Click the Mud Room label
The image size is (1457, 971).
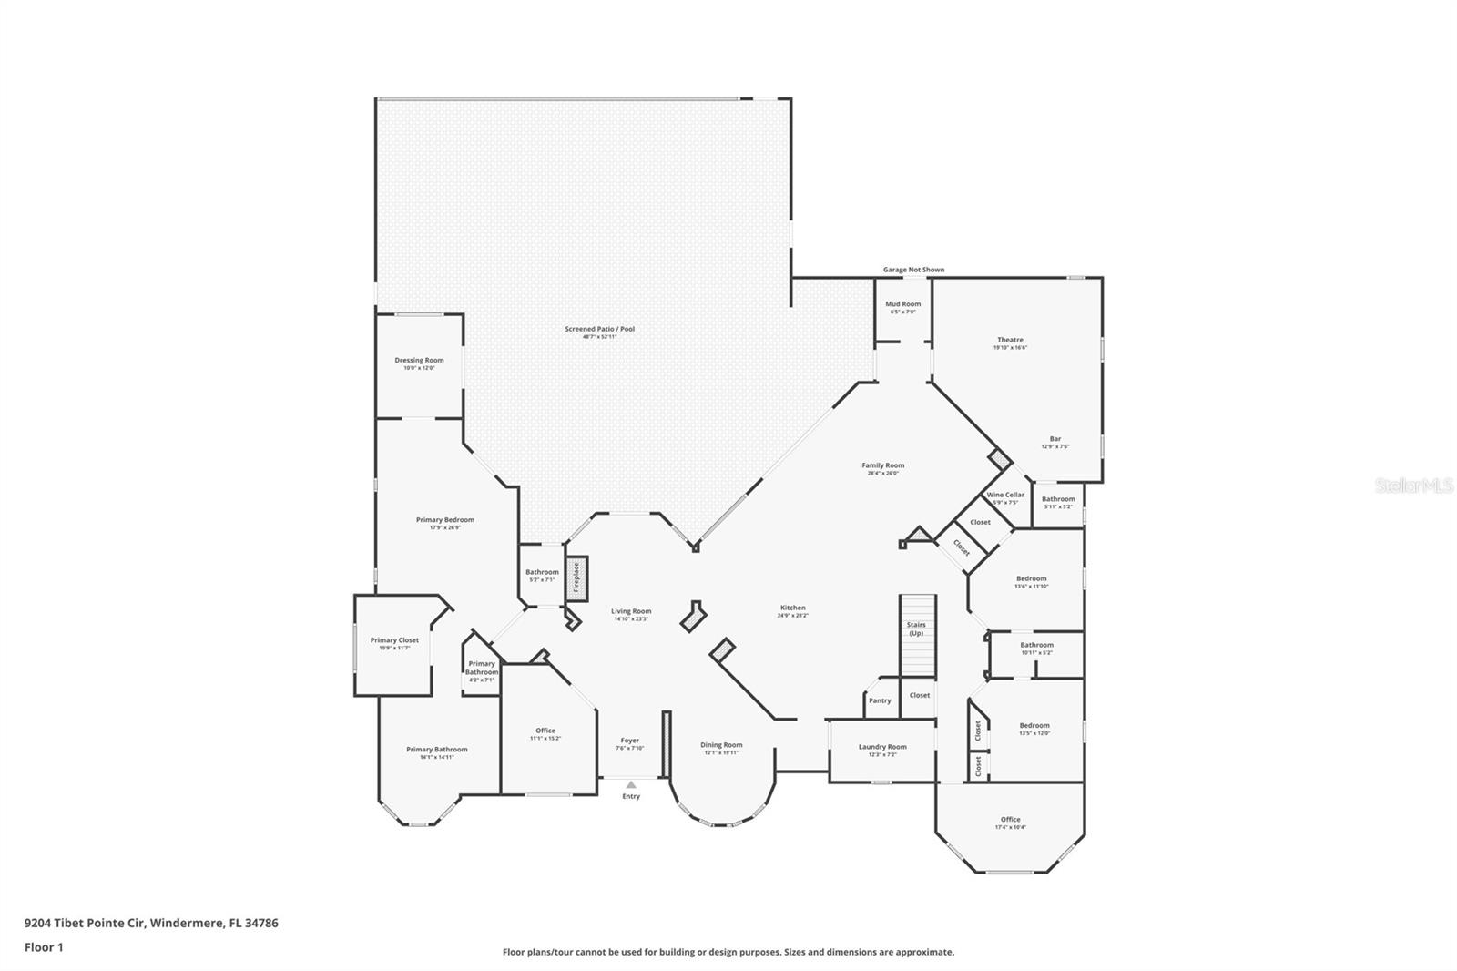(x=902, y=304)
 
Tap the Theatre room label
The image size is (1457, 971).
(x=1010, y=340)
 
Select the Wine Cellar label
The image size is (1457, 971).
(x=1005, y=495)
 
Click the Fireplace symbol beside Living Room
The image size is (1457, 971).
(x=576, y=577)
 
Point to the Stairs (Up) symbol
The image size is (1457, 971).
(x=917, y=635)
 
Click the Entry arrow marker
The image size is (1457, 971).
(x=631, y=784)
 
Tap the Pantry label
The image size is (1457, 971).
(x=880, y=700)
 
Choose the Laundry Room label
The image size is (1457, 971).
(x=882, y=747)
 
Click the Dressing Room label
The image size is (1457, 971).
(x=419, y=360)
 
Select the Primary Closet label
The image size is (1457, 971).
(x=394, y=640)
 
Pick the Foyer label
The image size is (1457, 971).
(x=630, y=741)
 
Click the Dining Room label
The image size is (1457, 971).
(x=721, y=745)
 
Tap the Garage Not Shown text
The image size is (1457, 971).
(x=913, y=270)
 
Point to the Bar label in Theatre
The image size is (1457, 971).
(x=1055, y=439)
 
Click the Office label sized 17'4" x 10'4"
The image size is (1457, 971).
(x=1010, y=819)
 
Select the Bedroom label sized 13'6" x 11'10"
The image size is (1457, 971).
(x=1031, y=578)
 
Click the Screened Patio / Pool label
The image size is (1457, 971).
(x=599, y=329)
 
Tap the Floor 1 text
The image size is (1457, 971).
(x=44, y=947)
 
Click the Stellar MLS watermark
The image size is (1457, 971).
(x=1413, y=486)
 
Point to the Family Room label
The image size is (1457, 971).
(x=882, y=465)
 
